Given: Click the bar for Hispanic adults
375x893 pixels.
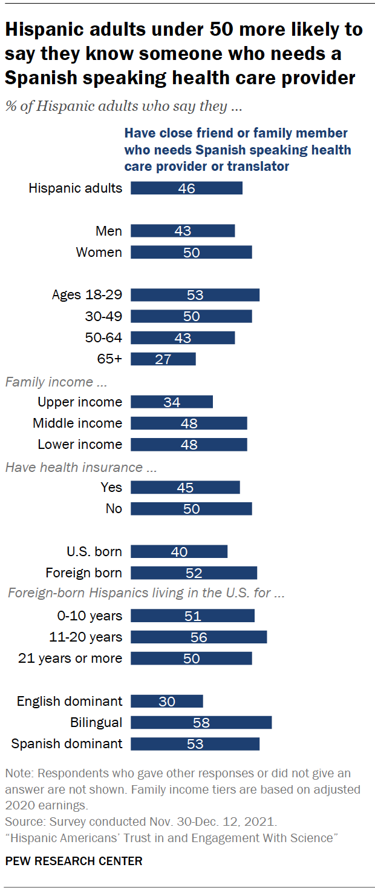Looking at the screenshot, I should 186,188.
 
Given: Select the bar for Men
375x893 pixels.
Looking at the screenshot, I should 183,231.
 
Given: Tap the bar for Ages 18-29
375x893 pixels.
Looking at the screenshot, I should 195,295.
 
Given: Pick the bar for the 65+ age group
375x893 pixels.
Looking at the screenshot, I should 163,359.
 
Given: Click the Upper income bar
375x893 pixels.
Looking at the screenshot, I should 171,402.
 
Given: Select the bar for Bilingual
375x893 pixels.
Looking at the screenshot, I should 201,722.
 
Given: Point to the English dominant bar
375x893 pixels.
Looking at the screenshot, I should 166,701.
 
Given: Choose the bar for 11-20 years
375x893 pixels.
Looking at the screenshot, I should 198,637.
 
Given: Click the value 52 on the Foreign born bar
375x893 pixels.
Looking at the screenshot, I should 194,573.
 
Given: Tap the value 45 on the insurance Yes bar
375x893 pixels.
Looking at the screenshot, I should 185,488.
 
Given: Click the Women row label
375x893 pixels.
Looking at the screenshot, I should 99,252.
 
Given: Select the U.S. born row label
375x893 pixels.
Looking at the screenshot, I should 94,551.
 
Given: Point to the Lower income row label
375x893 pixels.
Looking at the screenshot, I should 80,444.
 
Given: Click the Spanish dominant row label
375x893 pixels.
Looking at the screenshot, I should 67,743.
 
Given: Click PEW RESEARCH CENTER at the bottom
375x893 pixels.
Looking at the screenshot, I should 74,861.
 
